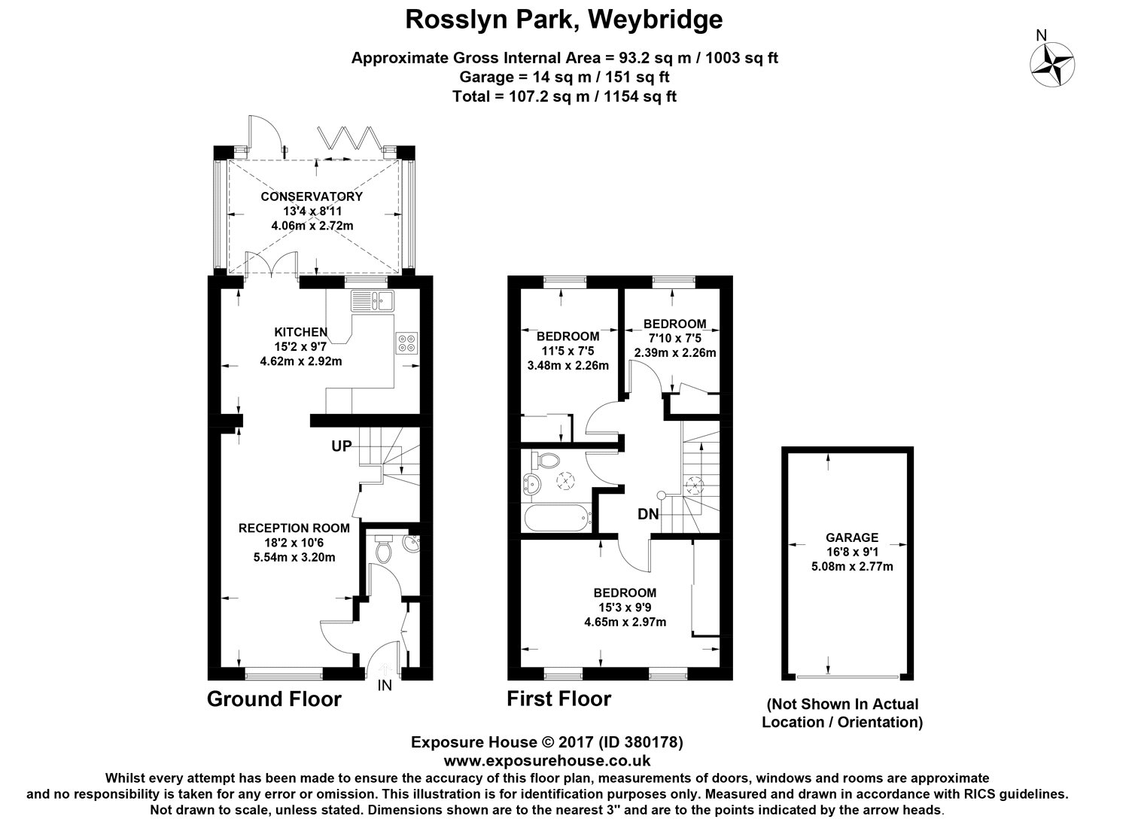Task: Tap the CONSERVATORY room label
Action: (312, 196)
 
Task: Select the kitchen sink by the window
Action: (373, 302)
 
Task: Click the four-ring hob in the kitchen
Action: (406, 342)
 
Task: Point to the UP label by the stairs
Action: (342, 446)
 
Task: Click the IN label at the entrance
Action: (385, 686)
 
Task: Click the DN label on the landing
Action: (648, 515)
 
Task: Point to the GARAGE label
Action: (852, 537)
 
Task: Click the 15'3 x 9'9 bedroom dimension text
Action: (624, 607)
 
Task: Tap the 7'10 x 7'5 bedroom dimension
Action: (674, 338)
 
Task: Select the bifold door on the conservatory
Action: (347, 138)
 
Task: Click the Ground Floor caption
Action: (274, 699)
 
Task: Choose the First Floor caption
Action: (558, 699)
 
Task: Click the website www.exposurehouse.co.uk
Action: (546, 761)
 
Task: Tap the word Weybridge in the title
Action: (655, 19)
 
